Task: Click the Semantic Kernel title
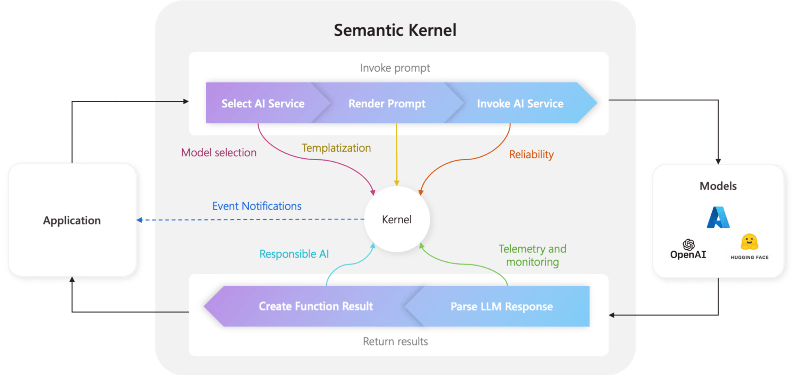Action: (x=395, y=30)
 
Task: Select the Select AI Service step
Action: (x=263, y=103)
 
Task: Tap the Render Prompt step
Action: (x=387, y=103)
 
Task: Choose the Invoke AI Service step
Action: (x=520, y=103)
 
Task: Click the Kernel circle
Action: (x=397, y=219)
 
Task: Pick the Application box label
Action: (x=72, y=221)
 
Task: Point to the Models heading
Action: (x=718, y=186)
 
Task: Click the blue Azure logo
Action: (x=718, y=217)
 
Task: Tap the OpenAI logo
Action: (x=688, y=249)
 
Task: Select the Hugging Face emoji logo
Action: (x=749, y=242)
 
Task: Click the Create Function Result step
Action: (x=316, y=307)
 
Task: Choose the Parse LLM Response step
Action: (x=501, y=307)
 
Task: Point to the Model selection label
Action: (x=219, y=152)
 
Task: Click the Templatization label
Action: (x=336, y=148)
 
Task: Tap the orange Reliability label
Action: (x=531, y=154)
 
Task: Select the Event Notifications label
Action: (x=257, y=206)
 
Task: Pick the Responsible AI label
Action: (x=294, y=254)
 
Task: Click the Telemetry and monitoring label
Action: (x=532, y=255)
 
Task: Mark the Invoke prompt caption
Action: (x=395, y=68)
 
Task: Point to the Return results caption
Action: (x=395, y=342)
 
